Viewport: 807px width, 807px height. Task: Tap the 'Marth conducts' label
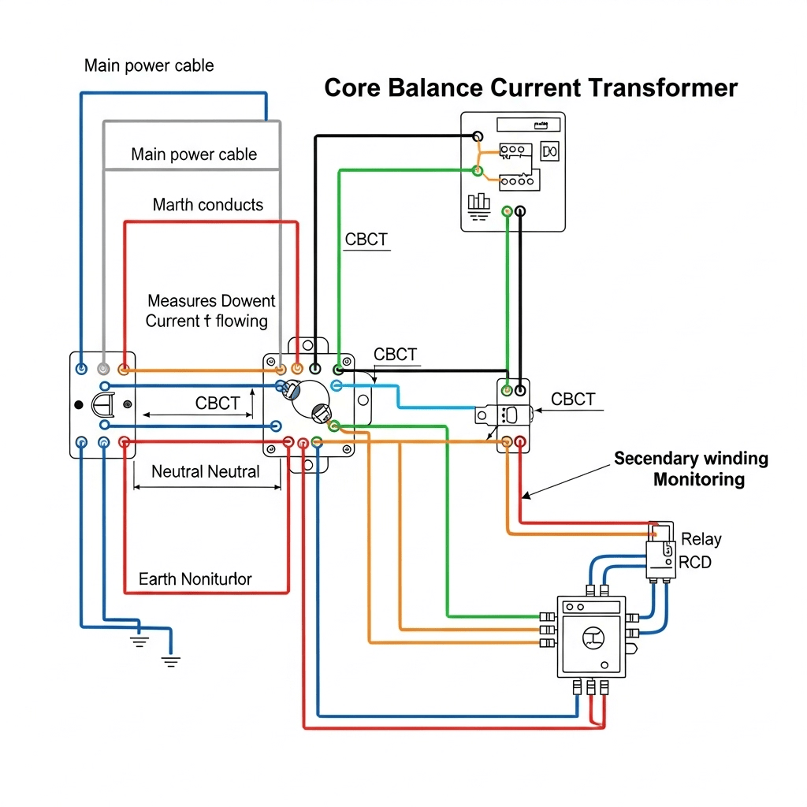click(x=208, y=205)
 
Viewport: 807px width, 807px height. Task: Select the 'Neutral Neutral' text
click(x=206, y=472)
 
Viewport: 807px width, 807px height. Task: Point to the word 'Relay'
click(x=701, y=540)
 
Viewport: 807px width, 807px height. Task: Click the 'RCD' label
click(x=695, y=563)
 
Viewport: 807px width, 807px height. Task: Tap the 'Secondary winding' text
click(x=691, y=459)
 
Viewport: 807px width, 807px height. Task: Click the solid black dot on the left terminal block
click(x=78, y=404)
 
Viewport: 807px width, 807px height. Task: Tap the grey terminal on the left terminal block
click(x=102, y=368)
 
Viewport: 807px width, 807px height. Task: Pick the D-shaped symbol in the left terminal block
click(x=103, y=405)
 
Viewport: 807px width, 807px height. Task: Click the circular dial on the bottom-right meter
click(x=592, y=637)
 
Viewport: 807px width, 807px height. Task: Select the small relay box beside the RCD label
click(x=660, y=555)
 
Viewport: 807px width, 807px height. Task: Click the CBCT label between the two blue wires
click(x=217, y=403)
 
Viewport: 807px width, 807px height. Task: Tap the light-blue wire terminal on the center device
click(x=337, y=385)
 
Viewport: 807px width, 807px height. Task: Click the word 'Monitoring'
click(x=698, y=479)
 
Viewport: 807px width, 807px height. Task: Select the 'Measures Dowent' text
click(x=211, y=301)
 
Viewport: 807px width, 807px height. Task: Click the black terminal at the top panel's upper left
click(x=477, y=136)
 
